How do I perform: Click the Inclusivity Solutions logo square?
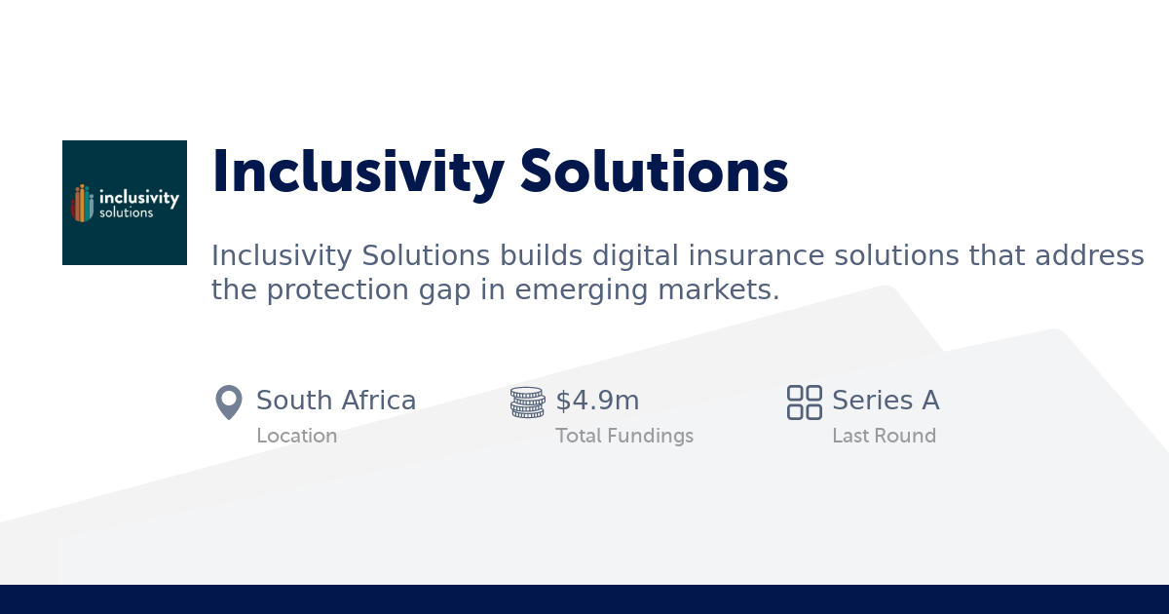[x=125, y=203]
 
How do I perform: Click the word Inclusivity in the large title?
[x=358, y=172]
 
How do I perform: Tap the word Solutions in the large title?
[x=654, y=172]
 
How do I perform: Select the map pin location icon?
[x=228, y=403]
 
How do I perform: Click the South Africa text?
[x=336, y=401]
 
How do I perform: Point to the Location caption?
[x=296, y=436]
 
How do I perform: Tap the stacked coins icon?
[x=527, y=403]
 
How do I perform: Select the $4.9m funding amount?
[x=597, y=401]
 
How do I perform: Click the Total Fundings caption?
[x=624, y=436]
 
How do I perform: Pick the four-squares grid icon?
[x=805, y=403]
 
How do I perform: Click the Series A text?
[x=886, y=401]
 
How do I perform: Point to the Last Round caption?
[x=884, y=436]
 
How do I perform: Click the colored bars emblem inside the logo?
[x=83, y=203]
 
